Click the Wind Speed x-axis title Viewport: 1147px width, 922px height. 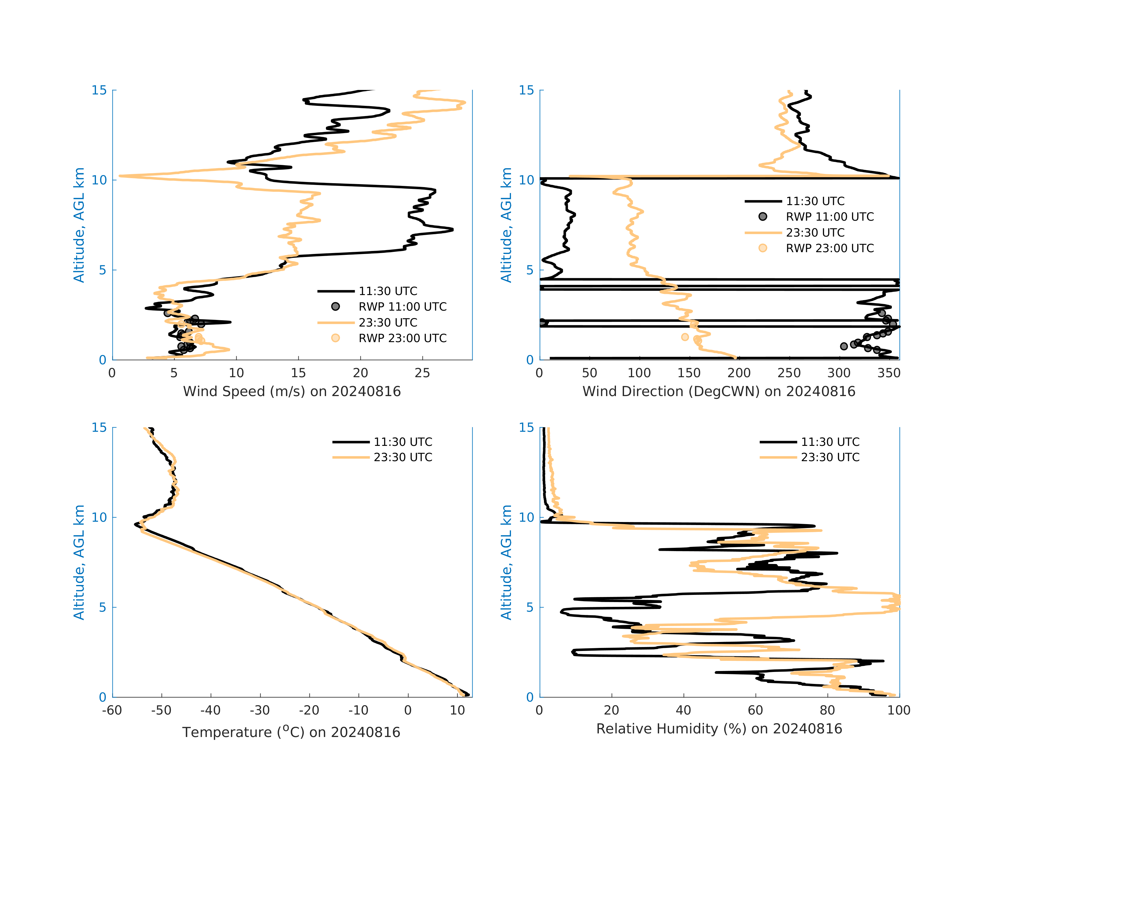291,392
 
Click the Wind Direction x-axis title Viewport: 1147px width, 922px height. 719,392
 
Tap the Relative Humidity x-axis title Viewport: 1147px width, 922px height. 719,729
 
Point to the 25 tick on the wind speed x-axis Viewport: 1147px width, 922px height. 423,373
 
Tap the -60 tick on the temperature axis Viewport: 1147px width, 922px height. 112,710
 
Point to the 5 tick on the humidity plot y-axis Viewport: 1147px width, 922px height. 530,607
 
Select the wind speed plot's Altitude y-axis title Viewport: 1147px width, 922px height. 79,225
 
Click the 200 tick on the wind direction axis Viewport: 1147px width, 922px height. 739,373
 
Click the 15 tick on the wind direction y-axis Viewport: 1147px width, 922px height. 526,91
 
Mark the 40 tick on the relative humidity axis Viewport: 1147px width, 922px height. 683,710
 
